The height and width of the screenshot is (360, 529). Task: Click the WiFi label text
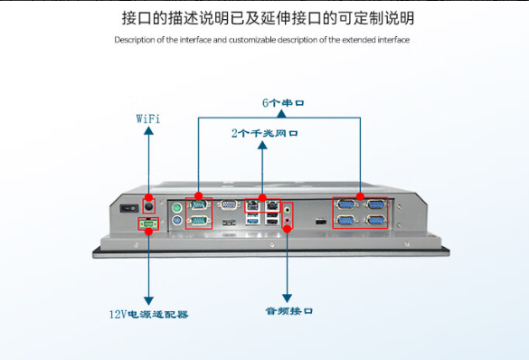148,118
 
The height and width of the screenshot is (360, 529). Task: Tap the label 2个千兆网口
264,134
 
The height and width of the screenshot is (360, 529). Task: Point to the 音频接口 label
288,310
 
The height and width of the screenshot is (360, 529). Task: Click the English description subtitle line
262,40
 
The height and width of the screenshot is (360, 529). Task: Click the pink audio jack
288,220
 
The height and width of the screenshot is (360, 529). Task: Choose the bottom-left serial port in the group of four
345,220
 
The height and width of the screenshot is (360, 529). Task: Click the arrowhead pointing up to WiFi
148,132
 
